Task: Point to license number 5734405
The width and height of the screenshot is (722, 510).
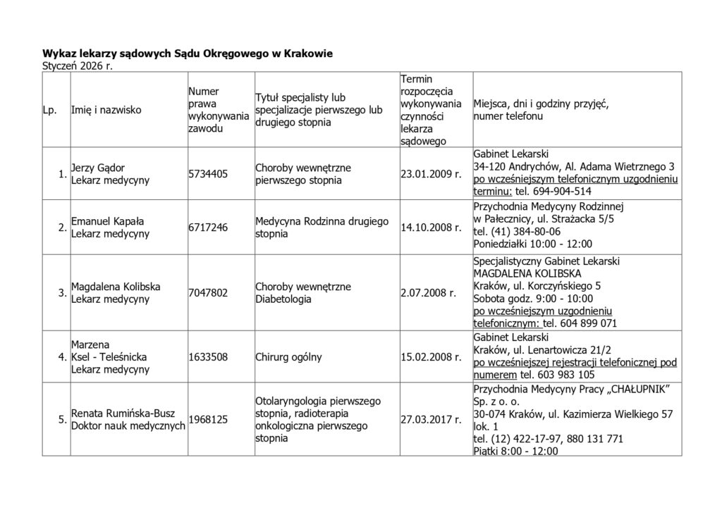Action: pos(208,173)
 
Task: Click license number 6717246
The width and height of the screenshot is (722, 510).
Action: pos(208,228)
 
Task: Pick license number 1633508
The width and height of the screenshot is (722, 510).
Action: pos(208,356)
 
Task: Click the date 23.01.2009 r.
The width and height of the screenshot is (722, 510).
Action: pos(430,173)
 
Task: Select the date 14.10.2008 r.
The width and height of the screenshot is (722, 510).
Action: pos(430,228)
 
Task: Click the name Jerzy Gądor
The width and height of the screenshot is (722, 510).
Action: pos(98,168)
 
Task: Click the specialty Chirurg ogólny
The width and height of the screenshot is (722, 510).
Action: pos(288,356)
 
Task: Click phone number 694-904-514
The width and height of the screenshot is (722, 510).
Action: pos(561,192)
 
